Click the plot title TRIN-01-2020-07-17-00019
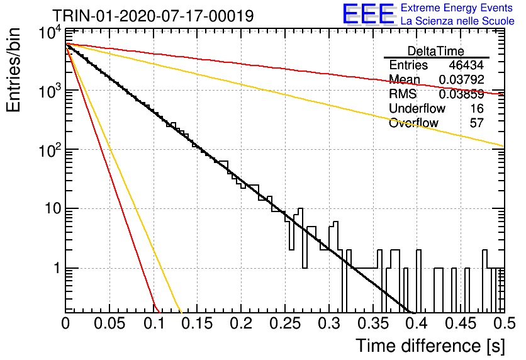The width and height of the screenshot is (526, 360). pos(153,16)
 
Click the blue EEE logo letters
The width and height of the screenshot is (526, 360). pos(368,14)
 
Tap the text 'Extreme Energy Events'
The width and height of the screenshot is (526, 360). pos(457,8)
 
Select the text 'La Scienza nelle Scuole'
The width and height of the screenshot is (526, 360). pos(457,21)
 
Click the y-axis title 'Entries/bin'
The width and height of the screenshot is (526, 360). pos(13,70)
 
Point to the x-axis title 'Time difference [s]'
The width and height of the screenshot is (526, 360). pos(430,346)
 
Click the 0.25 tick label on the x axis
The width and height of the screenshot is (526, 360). pos(285,323)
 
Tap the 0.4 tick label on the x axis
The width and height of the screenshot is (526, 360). pos(417,323)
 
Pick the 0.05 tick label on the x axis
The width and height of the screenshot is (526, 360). pos(109,323)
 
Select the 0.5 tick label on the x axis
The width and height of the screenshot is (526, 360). pos(504,323)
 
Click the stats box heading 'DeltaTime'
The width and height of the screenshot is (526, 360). pos(435,51)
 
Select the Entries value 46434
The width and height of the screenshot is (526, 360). pos(466,65)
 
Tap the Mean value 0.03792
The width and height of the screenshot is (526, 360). pos(461,79)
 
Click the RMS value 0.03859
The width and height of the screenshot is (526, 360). pos(461,94)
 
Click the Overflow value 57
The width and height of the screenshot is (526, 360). pos(477,123)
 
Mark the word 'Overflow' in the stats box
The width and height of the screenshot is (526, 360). pos(413,123)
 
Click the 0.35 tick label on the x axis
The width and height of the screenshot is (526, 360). pos(373,323)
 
